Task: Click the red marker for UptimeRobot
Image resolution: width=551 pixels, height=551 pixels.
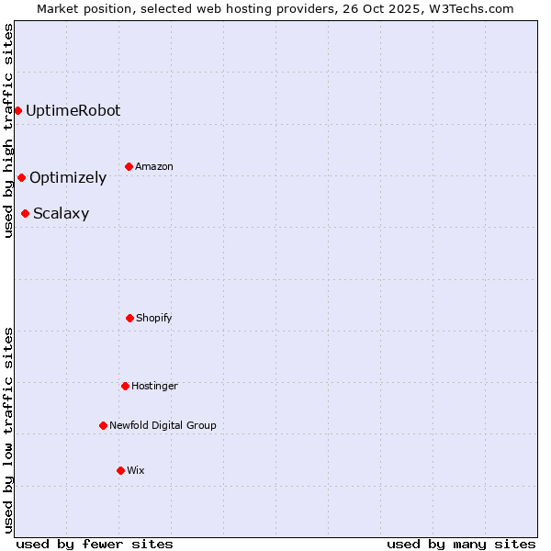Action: tap(17, 111)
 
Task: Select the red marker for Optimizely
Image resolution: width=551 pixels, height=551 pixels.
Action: tap(21, 178)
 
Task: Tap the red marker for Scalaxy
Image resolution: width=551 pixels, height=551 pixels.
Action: tap(25, 214)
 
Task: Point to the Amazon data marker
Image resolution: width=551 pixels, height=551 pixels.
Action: tap(129, 167)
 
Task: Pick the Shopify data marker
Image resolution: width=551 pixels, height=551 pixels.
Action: tap(129, 319)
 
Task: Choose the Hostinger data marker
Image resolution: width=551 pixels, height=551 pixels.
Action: tap(125, 387)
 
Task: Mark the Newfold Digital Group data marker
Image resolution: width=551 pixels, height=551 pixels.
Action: tap(103, 426)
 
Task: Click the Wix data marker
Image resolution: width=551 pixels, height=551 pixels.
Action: tap(120, 471)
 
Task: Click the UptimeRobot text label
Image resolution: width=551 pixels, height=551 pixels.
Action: tap(73, 111)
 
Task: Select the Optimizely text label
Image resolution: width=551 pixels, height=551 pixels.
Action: tap(68, 178)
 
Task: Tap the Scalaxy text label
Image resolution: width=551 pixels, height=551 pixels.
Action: tap(61, 214)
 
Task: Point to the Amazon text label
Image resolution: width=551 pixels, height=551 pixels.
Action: tap(154, 167)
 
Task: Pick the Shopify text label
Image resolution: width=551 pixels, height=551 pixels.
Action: tap(154, 319)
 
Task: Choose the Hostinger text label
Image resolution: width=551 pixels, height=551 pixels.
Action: tap(154, 387)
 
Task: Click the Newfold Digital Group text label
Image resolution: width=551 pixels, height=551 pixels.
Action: tap(163, 426)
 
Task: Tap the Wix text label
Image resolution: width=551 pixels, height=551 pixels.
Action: tap(136, 471)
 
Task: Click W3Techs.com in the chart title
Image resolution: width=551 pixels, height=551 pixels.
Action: tap(469, 8)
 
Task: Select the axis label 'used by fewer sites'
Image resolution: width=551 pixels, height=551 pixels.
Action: tap(95, 544)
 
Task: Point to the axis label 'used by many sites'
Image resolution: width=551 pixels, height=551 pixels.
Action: tap(461, 544)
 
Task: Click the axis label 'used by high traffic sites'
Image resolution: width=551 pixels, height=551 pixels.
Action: tap(8, 130)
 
